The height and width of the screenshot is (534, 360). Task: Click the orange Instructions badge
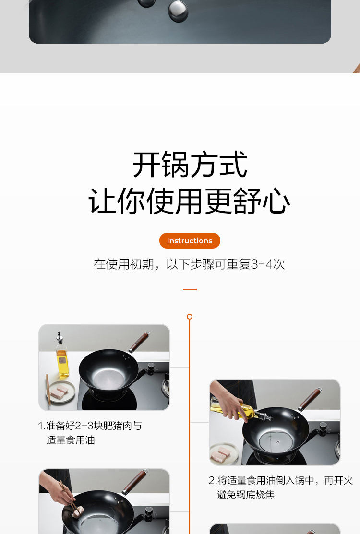click(190, 241)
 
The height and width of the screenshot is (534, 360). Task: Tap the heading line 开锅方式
click(190, 165)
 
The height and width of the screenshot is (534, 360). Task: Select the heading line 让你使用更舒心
click(190, 201)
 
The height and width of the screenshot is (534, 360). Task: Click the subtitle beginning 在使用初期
click(190, 264)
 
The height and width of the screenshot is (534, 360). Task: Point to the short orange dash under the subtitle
click(190, 289)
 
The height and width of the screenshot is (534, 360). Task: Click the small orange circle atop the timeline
click(190, 317)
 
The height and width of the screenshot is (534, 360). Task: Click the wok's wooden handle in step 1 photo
click(139, 342)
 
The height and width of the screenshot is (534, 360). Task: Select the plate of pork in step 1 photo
click(60, 392)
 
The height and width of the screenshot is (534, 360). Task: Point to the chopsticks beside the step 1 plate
click(48, 390)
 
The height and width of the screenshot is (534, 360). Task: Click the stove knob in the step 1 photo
click(151, 368)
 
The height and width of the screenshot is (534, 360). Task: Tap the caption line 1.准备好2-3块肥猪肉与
click(90, 426)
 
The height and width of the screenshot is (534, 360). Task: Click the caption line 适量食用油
click(71, 440)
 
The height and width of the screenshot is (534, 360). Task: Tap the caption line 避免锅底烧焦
click(246, 495)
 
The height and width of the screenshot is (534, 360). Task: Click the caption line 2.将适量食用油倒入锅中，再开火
click(281, 481)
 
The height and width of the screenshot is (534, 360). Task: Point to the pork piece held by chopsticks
click(78, 510)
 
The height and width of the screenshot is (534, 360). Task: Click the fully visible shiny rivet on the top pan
click(178, 11)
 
